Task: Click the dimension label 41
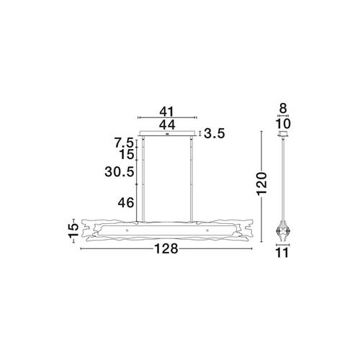pos(166,112)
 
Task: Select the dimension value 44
pos(167,125)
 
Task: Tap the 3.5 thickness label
pos(215,134)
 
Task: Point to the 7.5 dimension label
pos(123,143)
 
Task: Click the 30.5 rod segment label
pos(119,172)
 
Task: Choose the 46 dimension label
pos(125,203)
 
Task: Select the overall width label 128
pos(166,248)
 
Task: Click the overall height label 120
pos(262,184)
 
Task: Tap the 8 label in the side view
pos(283,109)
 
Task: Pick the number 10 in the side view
pos(283,124)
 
